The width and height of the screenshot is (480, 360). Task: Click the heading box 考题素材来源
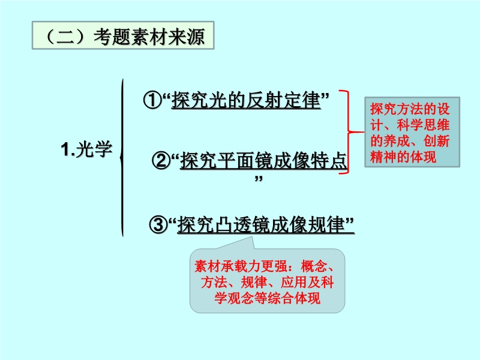click(123, 35)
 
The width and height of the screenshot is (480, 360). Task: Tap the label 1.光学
click(86, 149)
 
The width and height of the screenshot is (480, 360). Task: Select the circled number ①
click(152, 100)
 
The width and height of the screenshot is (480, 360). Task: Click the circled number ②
click(161, 160)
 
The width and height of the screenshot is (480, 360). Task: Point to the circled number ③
click(158, 224)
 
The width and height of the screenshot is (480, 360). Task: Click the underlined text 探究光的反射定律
click(246, 100)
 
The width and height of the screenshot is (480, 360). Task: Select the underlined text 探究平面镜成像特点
click(263, 160)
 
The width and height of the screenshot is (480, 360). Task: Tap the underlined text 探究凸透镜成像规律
click(262, 224)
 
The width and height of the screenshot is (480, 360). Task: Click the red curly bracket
click(349, 132)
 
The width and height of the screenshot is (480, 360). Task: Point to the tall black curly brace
click(122, 158)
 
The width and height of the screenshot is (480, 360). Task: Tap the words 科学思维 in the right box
click(423, 125)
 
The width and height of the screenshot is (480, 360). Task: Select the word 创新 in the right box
click(436, 141)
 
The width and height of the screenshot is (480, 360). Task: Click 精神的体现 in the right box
click(403, 157)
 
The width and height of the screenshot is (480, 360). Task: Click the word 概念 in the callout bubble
click(314, 266)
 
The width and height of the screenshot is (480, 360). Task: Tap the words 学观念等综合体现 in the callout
click(267, 298)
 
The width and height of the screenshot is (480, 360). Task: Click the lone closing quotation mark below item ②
click(259, 178)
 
